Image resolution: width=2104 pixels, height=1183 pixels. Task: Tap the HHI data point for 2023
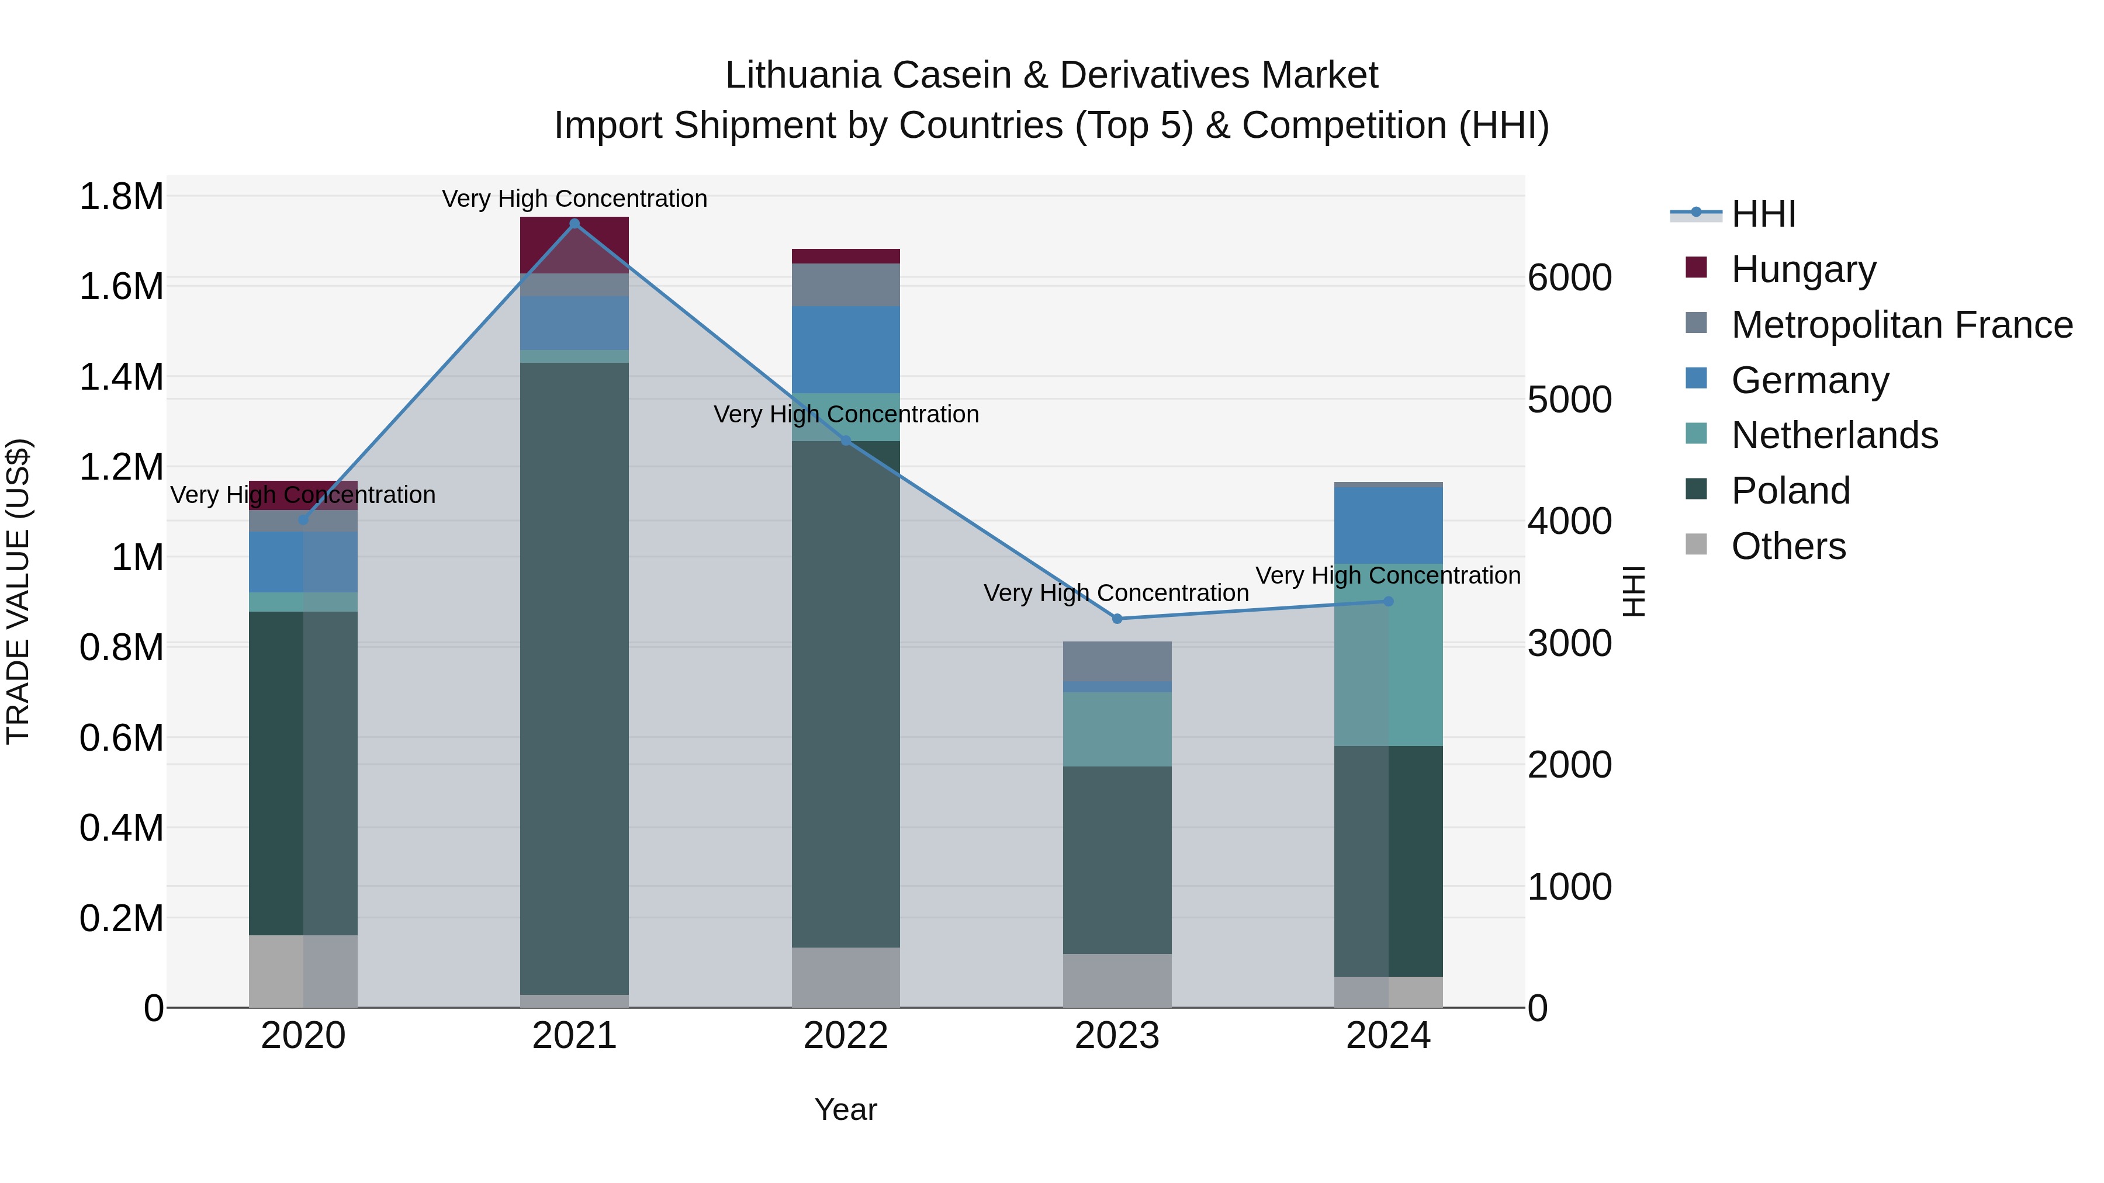tap(1117, 619)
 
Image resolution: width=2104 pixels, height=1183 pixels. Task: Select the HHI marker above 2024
tap(1389, 602)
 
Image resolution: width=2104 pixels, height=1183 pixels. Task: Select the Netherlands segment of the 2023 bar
tap(1117, 729)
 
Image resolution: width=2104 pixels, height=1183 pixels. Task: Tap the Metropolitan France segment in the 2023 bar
tap(1117, 661)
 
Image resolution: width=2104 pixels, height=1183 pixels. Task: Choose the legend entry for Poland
tap(1790, 491)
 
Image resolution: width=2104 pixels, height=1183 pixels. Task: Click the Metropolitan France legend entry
tap(1901, 325)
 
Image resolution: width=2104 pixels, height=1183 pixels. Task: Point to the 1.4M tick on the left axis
tap(121, 377)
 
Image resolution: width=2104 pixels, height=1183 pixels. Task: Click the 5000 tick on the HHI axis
tap(1570, 400)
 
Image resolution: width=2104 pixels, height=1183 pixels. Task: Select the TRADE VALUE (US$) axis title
tap(19, 591)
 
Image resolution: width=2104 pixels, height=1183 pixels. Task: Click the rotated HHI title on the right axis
tap(1634, 591)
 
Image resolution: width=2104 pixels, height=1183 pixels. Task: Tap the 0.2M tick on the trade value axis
tap(121, 918)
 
